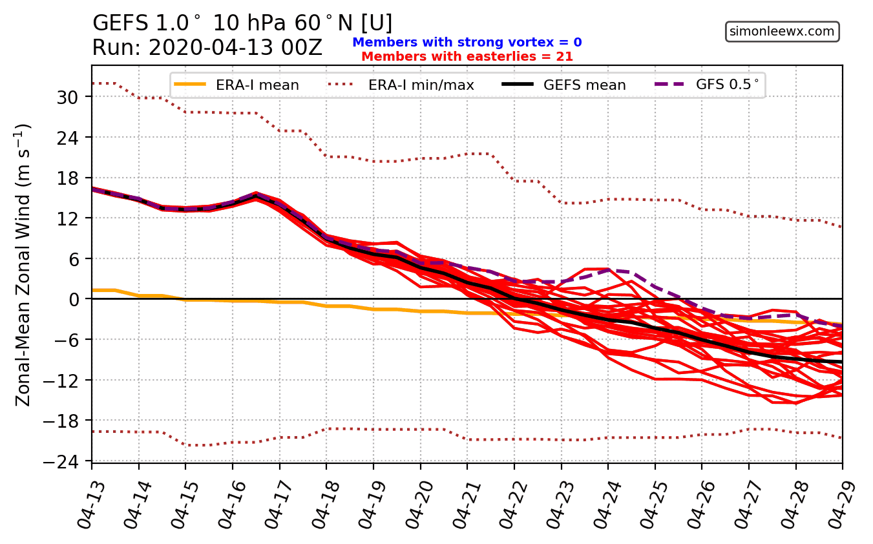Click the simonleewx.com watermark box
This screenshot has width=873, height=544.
[x=783, y=31]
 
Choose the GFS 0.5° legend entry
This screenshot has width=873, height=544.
[x=710, y=85]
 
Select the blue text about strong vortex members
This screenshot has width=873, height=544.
[x=467, y=43]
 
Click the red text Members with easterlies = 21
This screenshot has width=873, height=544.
[x=467, y=56]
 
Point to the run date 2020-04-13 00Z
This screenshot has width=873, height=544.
[x=207, y=48]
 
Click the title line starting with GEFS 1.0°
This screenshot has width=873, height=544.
[x=242, y=23]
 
